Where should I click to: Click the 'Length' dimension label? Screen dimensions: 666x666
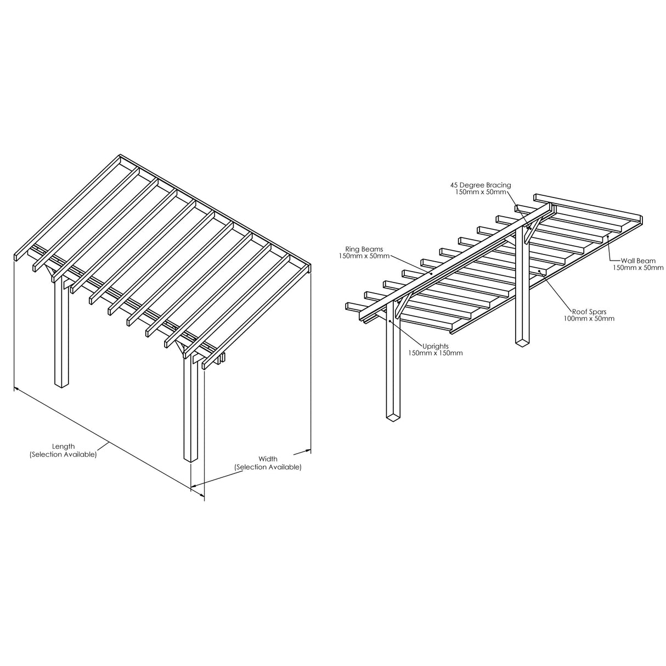tap(63, 447)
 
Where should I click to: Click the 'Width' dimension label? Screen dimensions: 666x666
tap(268, 459)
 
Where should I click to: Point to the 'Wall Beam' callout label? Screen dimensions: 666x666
tap(637, 261)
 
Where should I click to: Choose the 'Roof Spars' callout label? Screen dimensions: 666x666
tap(589, 312)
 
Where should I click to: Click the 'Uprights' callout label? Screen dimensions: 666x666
tap(435, 346)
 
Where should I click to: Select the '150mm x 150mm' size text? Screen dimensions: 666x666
tap(435, 353)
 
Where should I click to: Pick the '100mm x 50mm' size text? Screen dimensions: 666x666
tap(589, 319)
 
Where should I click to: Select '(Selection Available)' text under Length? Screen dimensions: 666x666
tap(63, 455)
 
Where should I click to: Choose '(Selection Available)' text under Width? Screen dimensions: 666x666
tap(268, 467)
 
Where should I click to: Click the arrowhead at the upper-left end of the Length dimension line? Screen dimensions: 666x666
tap(17, 389)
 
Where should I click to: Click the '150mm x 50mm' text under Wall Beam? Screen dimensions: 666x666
tap(637, 268)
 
